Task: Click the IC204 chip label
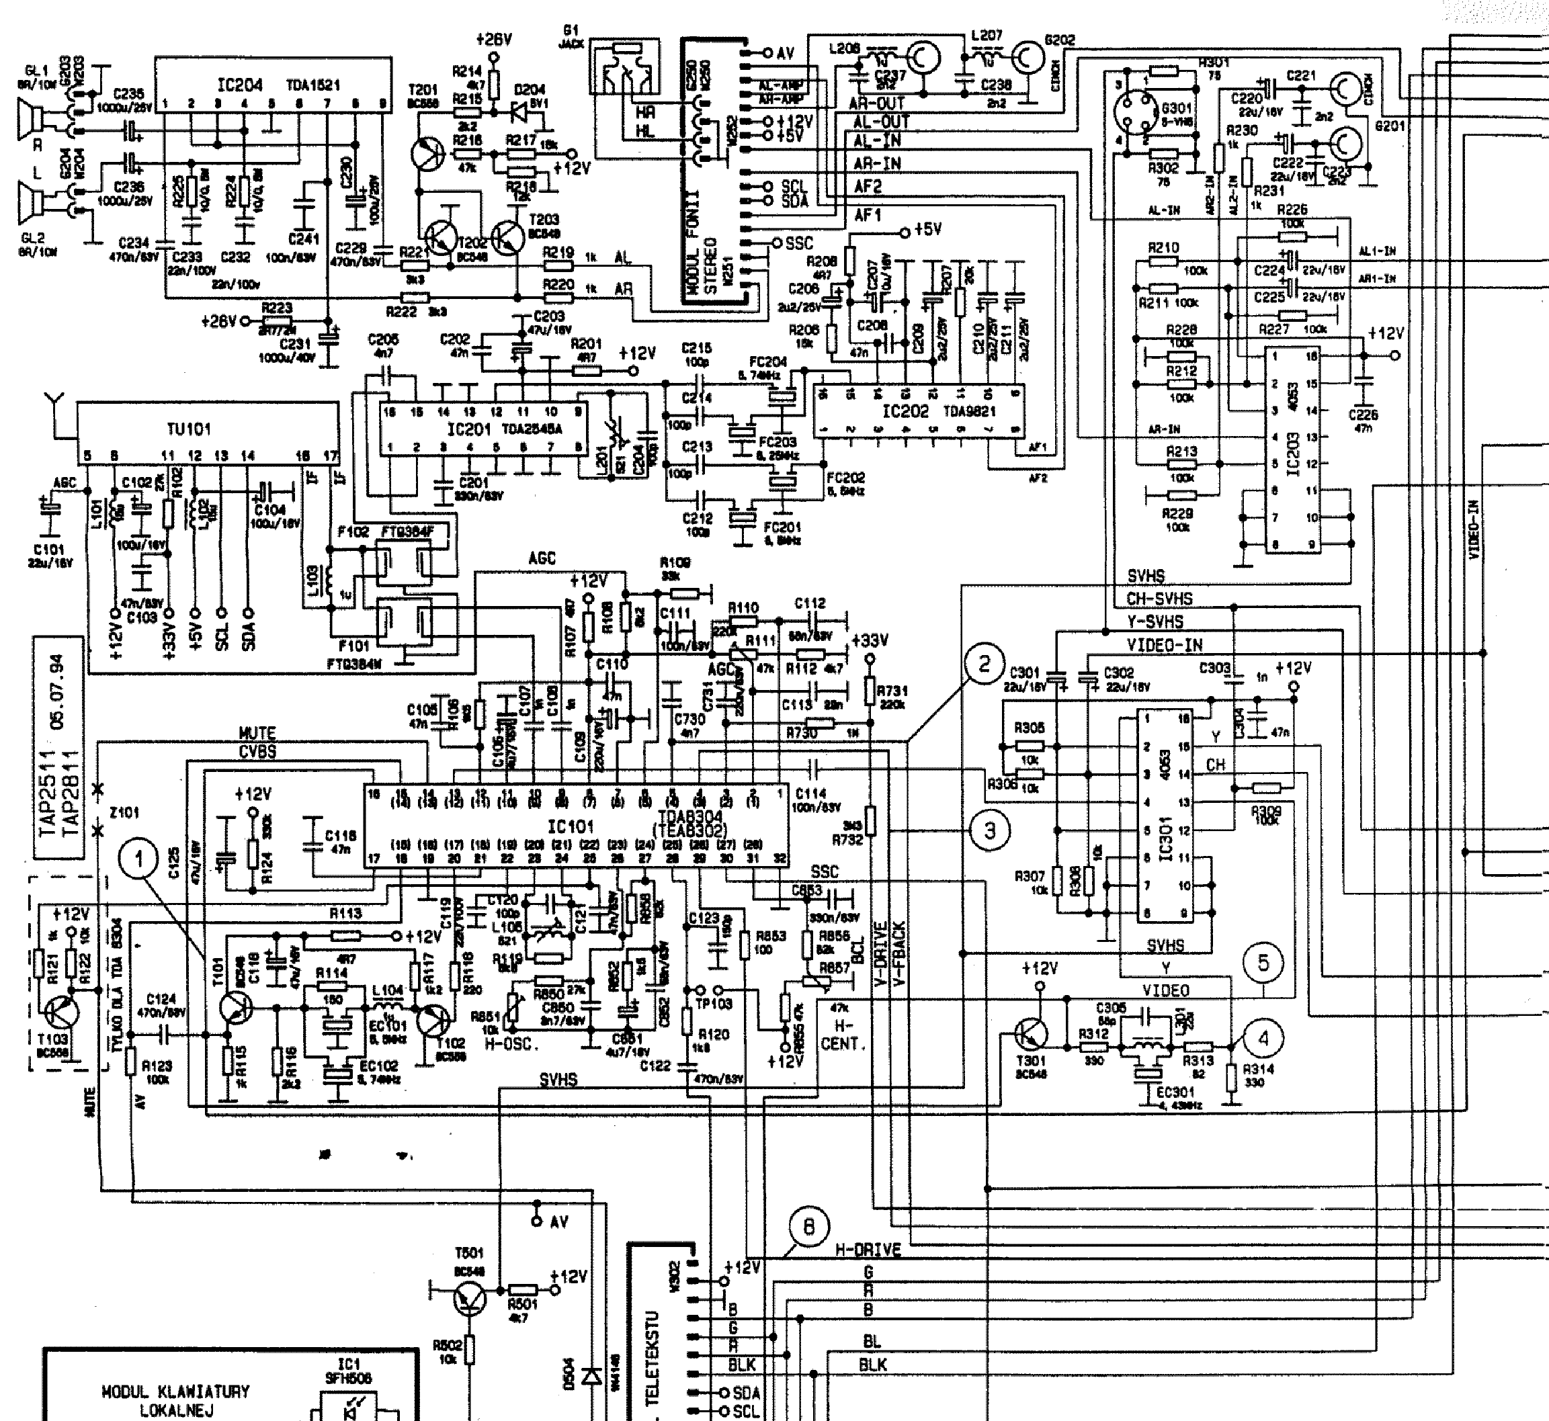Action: [241, 85]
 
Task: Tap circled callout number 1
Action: [139, 858]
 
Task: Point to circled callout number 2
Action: [984, 664]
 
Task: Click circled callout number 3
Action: [990, 830]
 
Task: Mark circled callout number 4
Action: [1263, 1039]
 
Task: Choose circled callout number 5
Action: [1263, 963]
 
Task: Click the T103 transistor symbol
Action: [60, 1013]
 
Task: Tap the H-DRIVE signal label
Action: [868, 1250]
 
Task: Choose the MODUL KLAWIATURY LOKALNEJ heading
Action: [175, 1400]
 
